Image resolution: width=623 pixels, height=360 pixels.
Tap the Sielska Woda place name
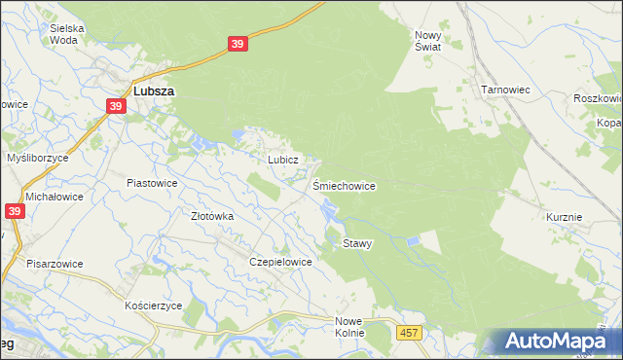coord(67,35)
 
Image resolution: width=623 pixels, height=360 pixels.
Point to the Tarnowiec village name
coord(504,90)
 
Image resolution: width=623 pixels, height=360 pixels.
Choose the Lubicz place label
coord(281,159)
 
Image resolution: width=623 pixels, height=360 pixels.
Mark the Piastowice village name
coord(152,182)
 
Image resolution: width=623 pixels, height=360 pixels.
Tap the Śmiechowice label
coord(344,185)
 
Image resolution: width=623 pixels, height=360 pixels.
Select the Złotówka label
coord(212,217)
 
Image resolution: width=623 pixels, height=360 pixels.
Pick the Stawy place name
coord(357,243)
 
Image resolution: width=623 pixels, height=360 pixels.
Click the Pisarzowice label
coord(55,264)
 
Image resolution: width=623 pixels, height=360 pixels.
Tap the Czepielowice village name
coord(280,262)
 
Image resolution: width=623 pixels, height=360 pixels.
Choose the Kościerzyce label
coord(154,306)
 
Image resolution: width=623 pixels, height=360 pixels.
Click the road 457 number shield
coord(409,334)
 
